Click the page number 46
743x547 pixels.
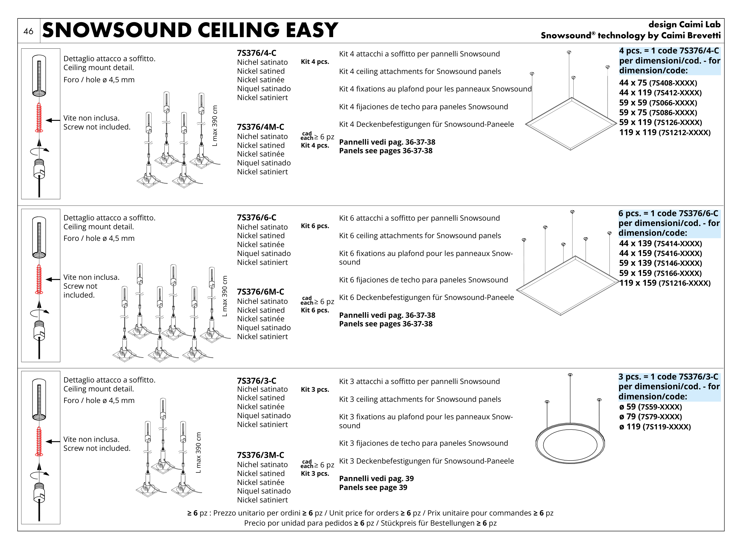coord(28,31)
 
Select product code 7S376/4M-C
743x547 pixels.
coord(260,127)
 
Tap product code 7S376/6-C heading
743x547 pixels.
coord(256,218)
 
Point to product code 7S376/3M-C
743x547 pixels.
coord(260,455)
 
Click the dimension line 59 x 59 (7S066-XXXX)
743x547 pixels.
coord(657,103)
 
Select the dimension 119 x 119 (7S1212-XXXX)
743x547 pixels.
coord(665,132)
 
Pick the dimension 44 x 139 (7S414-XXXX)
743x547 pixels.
coord(660,244)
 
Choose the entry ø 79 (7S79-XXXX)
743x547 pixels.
coord(650,417)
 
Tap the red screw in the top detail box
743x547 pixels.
coord(39,118)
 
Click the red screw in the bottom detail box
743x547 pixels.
coord(39,441)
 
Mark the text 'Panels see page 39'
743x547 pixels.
coord(373,487)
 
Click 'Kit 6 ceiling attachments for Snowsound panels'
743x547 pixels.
coord(420,236)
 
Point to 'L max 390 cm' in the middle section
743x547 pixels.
coord(225,296)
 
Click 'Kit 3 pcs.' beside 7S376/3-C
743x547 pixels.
coord(314,389)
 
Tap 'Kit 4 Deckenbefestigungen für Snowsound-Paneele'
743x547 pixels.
coord(426,124)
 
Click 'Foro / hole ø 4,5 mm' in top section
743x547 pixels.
coord(99,80)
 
